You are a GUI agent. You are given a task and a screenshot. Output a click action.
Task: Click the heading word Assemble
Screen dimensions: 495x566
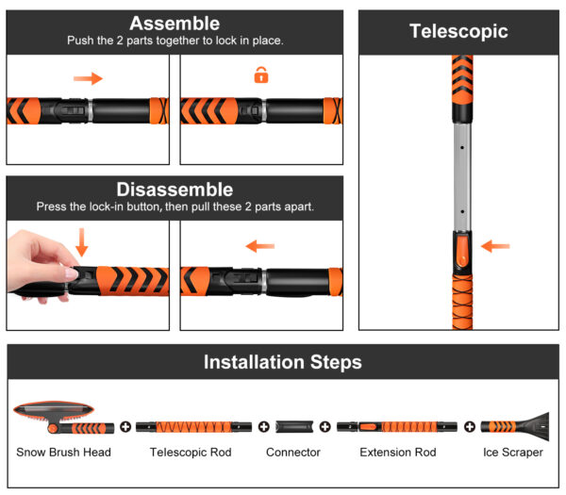tap(175, 24)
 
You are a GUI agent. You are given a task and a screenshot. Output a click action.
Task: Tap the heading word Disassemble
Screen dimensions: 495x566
tap(175, 190)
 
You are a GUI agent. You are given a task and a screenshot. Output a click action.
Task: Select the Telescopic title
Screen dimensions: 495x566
tap(458, 31)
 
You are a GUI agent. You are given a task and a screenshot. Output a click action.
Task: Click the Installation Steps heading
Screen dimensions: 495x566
tap(283, 362)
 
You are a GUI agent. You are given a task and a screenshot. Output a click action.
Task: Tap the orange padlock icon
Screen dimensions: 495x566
tap(261, 75)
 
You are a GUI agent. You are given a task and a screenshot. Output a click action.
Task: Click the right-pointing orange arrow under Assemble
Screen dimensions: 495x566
tap(88, 78)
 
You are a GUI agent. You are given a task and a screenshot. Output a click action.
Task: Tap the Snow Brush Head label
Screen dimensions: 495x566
tap(63, 453)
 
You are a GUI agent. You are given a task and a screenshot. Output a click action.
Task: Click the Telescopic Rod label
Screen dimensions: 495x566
tap(191, 453)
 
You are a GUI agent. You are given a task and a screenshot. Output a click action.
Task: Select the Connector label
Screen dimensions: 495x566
tap(293, 453)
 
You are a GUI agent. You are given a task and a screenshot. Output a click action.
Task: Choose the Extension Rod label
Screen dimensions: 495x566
tap(398, 453)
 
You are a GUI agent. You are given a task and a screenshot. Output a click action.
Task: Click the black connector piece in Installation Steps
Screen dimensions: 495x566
tap(294, 426)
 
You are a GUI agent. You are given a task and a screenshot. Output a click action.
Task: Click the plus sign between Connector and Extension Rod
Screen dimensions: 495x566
tap(325, 426)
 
